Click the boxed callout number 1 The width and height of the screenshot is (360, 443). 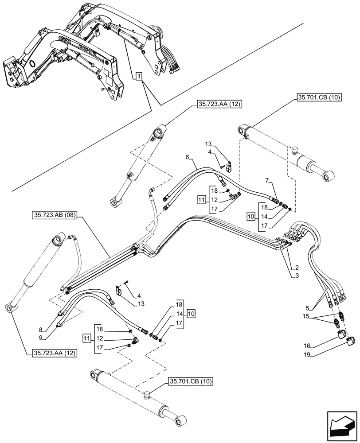coord(139,77)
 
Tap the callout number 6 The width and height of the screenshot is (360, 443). coord(188,157)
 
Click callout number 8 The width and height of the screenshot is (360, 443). coord(41,329)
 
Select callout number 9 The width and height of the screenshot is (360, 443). coord(41,338)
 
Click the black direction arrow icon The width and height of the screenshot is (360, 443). coord(342,426)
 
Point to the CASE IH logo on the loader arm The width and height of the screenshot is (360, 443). coord(88,47)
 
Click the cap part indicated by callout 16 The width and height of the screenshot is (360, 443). coord(341,334)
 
